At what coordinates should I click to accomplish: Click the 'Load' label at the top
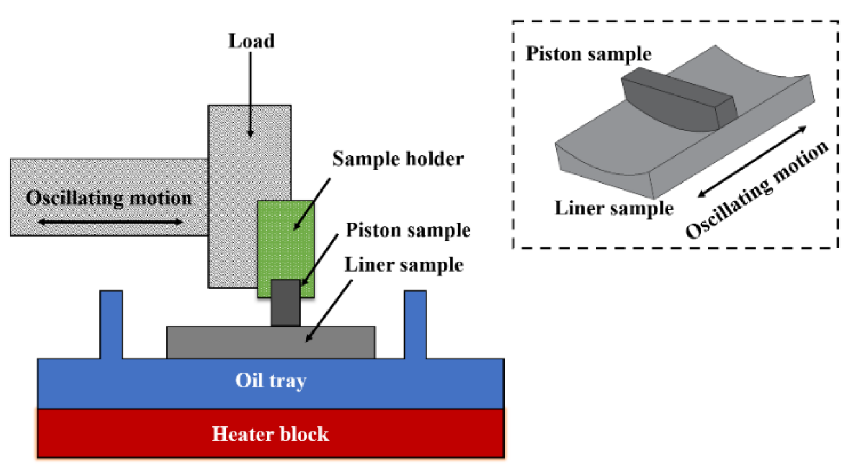tap(251, 41)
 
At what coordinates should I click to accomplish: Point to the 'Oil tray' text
tap(271, 380)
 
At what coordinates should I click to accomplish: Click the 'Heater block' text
tap(270, 434)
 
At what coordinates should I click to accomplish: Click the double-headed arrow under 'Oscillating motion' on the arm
tap(110, 222)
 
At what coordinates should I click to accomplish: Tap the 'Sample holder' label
tap(398, 159)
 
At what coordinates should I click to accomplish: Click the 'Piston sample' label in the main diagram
tap(408, 230)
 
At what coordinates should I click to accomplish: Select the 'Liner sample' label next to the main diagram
tap(403, 265)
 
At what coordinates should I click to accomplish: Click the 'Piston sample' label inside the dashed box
tap(588, 54)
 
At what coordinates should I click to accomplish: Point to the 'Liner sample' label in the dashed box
tap(614, 208)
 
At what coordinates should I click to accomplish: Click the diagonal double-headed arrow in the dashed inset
tap(752, 162)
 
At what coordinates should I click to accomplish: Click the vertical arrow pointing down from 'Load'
tap(250, 93)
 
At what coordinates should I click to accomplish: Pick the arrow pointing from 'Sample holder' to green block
tap(312, 204)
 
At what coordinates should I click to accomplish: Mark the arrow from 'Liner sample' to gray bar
tap(329, 310)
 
